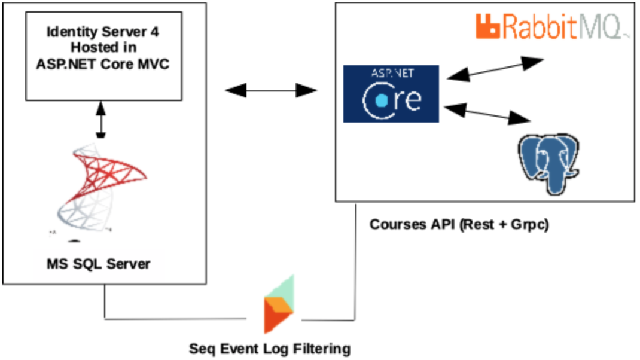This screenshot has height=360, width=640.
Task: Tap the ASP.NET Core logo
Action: point(391,94)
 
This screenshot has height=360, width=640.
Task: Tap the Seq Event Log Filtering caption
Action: point(270,348)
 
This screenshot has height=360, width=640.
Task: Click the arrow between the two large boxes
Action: point(270,91)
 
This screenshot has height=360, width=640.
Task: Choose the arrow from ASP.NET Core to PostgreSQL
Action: point(489,114)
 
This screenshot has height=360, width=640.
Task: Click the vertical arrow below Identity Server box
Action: point(100,119)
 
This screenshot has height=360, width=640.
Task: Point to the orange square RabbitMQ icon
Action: point(487,26)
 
